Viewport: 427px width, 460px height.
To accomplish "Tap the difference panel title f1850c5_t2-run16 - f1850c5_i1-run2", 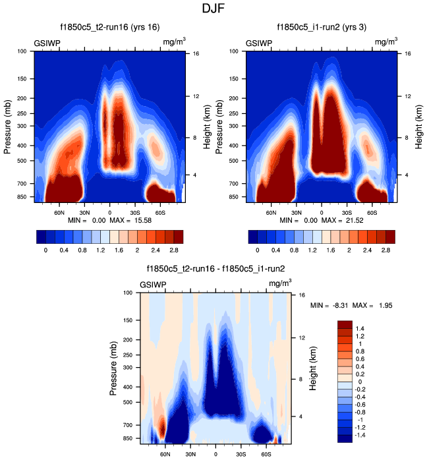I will (215, 269).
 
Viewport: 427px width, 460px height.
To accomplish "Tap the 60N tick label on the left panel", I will (59, 213).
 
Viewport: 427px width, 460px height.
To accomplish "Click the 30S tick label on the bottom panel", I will (241, 454).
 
